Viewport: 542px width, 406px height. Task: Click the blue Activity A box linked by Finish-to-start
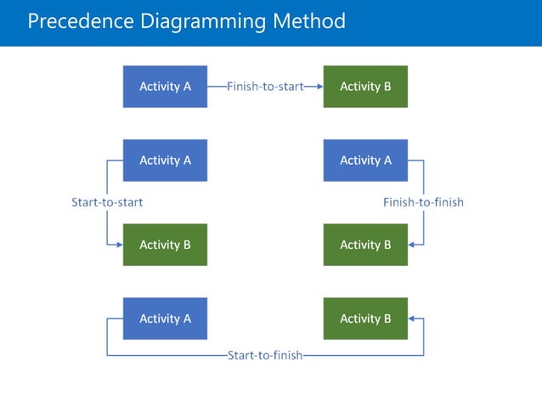tap(165, 87)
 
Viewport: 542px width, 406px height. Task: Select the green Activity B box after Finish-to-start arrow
tap(365, 87)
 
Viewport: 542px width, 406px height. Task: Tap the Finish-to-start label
tap(265, 87)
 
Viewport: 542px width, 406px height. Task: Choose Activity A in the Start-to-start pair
tap(165, 161)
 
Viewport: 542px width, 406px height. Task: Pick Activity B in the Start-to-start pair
tap(165, 245)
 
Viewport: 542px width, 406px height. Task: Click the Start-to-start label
tap(107, 202)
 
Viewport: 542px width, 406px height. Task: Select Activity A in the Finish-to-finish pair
tap(365, 161)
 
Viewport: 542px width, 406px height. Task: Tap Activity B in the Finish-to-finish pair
tap(365, 245)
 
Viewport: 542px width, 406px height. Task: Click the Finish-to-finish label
tap(423, 202)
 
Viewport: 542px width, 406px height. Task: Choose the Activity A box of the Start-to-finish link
tap(165, 319)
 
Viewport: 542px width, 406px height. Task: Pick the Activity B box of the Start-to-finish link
tap(365, 319)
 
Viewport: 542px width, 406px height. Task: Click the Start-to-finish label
tap(265, 355)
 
